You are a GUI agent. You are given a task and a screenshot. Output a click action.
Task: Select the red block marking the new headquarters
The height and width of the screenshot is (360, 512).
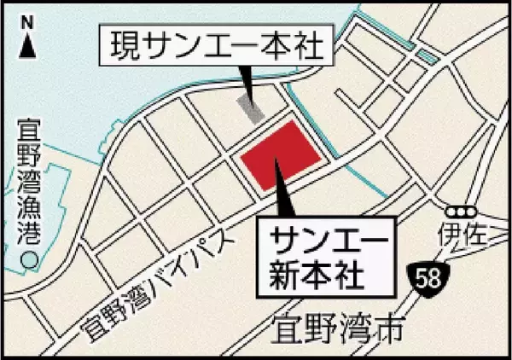pyautogui.click(x=280, y=155)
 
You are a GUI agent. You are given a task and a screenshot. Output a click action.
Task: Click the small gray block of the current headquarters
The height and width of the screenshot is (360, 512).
pyautogui.click(x=250, y=108)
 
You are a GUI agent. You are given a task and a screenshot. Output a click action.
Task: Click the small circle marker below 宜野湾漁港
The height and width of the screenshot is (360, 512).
pyautogui.click(x=30, y=258)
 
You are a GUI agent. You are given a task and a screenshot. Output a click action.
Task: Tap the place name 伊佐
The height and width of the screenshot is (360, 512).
pyautogui.click(x=463, y=233)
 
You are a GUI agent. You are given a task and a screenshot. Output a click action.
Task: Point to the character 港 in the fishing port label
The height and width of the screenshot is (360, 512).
pyautogui.click(x=30, y=230)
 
